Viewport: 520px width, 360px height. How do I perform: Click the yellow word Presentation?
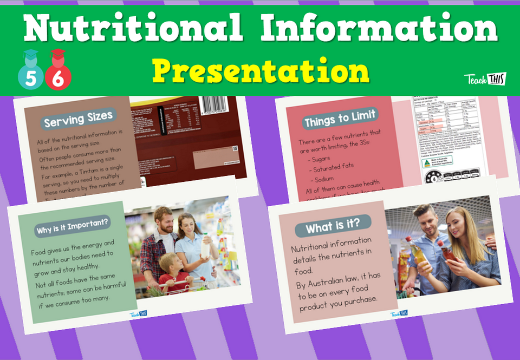[260, 70]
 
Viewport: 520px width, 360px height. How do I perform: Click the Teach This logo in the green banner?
[485, 79]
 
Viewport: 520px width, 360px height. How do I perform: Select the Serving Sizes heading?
[79, 119]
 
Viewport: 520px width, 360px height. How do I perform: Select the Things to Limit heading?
[340, 120]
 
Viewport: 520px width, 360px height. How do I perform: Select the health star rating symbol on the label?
[434, 176]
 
